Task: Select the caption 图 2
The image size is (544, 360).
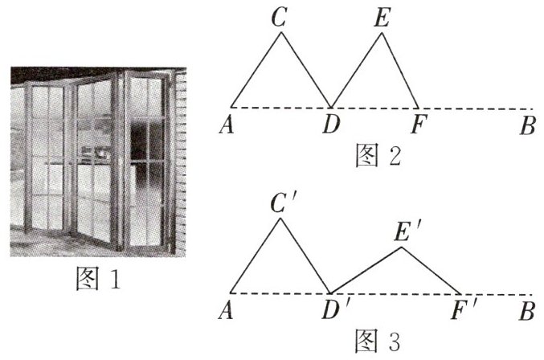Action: (x=378, y=155)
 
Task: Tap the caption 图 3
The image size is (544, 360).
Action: (x=378, y=341)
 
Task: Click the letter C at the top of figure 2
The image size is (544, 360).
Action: (x=280, y=18)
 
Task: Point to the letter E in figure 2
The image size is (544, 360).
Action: (x=382, y=18)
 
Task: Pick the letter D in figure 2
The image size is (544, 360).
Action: (x=331, y=125)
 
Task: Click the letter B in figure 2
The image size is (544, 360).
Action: (x=527, y=125)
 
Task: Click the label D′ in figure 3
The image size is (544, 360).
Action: (x=334, y=311)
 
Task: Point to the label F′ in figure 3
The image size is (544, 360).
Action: (x=464, y=311)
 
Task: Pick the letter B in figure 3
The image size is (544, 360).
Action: (x=527, y=309)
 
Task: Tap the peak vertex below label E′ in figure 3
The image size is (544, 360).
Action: (x=402, y=247)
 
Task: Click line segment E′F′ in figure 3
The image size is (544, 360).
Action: (x=432, y=271)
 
